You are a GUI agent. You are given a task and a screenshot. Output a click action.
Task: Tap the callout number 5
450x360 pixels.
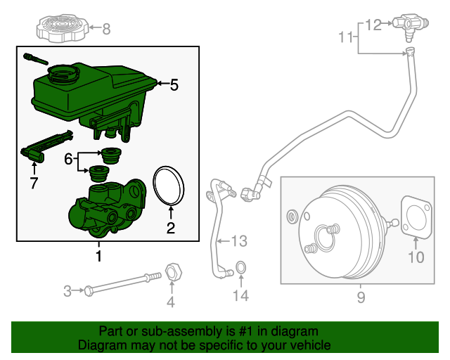tap(174, 85)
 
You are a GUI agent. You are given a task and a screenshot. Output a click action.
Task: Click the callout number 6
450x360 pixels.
tap(68, 160)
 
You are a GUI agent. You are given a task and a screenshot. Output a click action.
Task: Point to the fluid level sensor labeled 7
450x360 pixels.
tap(46, 146)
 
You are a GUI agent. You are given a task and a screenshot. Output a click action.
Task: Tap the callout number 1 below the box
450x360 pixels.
tap(98, 256)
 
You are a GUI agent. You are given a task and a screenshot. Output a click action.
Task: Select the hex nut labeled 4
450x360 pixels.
tap(172, 272)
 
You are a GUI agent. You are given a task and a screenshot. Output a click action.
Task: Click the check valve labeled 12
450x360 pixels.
tap(409, 25)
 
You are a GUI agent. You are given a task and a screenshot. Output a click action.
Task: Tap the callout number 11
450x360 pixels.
tap(345, 36)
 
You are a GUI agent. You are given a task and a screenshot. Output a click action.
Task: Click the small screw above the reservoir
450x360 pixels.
tap(34, 57)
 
